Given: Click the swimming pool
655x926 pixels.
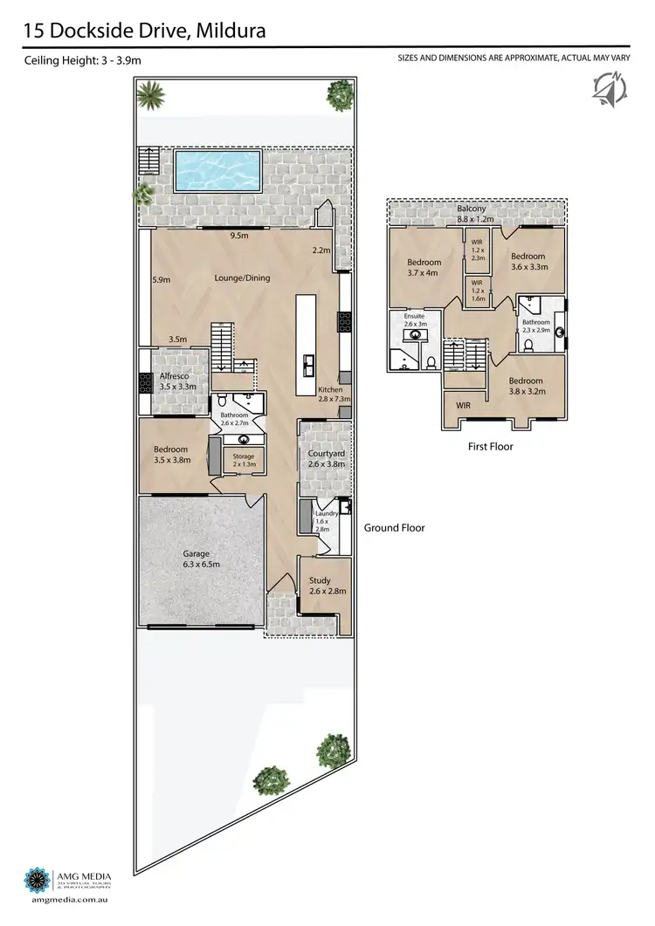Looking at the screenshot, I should click(217, 170).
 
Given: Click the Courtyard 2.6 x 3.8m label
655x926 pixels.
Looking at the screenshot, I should click(327, 459).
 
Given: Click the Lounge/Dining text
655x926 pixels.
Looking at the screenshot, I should click(242, 278).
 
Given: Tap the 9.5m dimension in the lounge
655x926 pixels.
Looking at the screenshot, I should click(238, 237).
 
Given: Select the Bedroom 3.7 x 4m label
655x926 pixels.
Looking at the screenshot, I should click(424, 267).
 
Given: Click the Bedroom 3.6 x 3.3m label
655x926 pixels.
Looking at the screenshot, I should click(528, 262).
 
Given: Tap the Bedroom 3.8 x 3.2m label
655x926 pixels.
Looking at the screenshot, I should click(526, 387).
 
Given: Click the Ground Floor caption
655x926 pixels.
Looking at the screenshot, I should click(395, 527).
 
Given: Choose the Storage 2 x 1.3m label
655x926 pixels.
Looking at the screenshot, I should click(244, 460).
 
